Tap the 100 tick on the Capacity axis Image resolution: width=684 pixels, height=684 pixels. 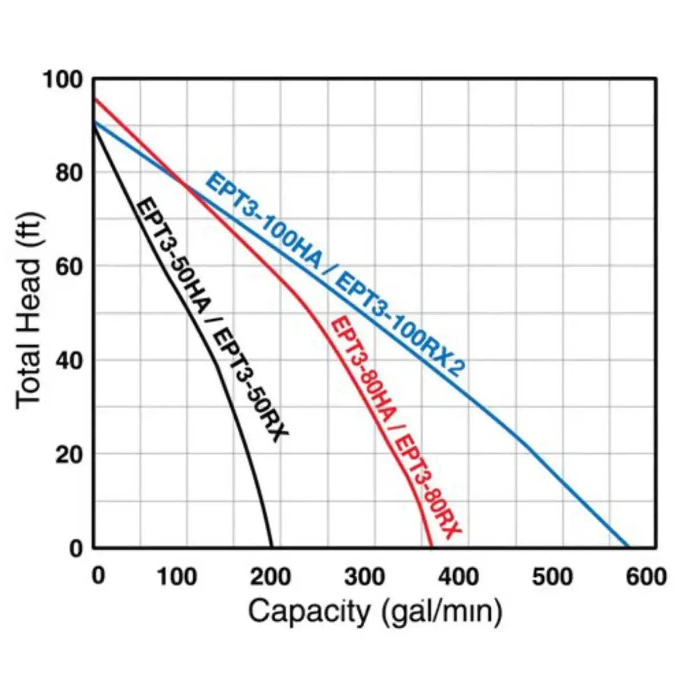(177, 576)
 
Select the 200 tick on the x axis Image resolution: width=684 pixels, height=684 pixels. (271, 576)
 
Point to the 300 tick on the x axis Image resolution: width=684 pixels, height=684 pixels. (365, 576)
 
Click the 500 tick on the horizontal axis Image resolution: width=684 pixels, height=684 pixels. (552, 576)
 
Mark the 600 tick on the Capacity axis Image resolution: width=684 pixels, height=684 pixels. (646, 576)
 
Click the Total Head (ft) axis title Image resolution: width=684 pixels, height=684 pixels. (28, 311)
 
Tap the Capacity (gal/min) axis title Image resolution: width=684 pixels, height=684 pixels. (375, 612)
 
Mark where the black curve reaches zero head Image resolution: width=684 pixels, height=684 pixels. (271, 547)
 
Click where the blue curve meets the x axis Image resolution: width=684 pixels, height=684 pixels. (628, 547)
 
